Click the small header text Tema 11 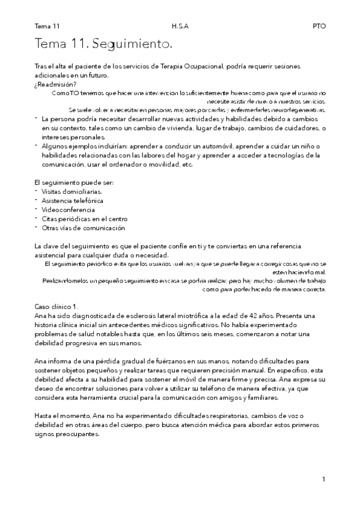pos(47,26)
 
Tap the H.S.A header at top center pos(180,26)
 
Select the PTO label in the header pos(319,26)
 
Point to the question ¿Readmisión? pos(55,84)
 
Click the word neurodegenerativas pos(296,110)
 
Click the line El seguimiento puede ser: pos(74,182)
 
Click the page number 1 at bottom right pos(323,479)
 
